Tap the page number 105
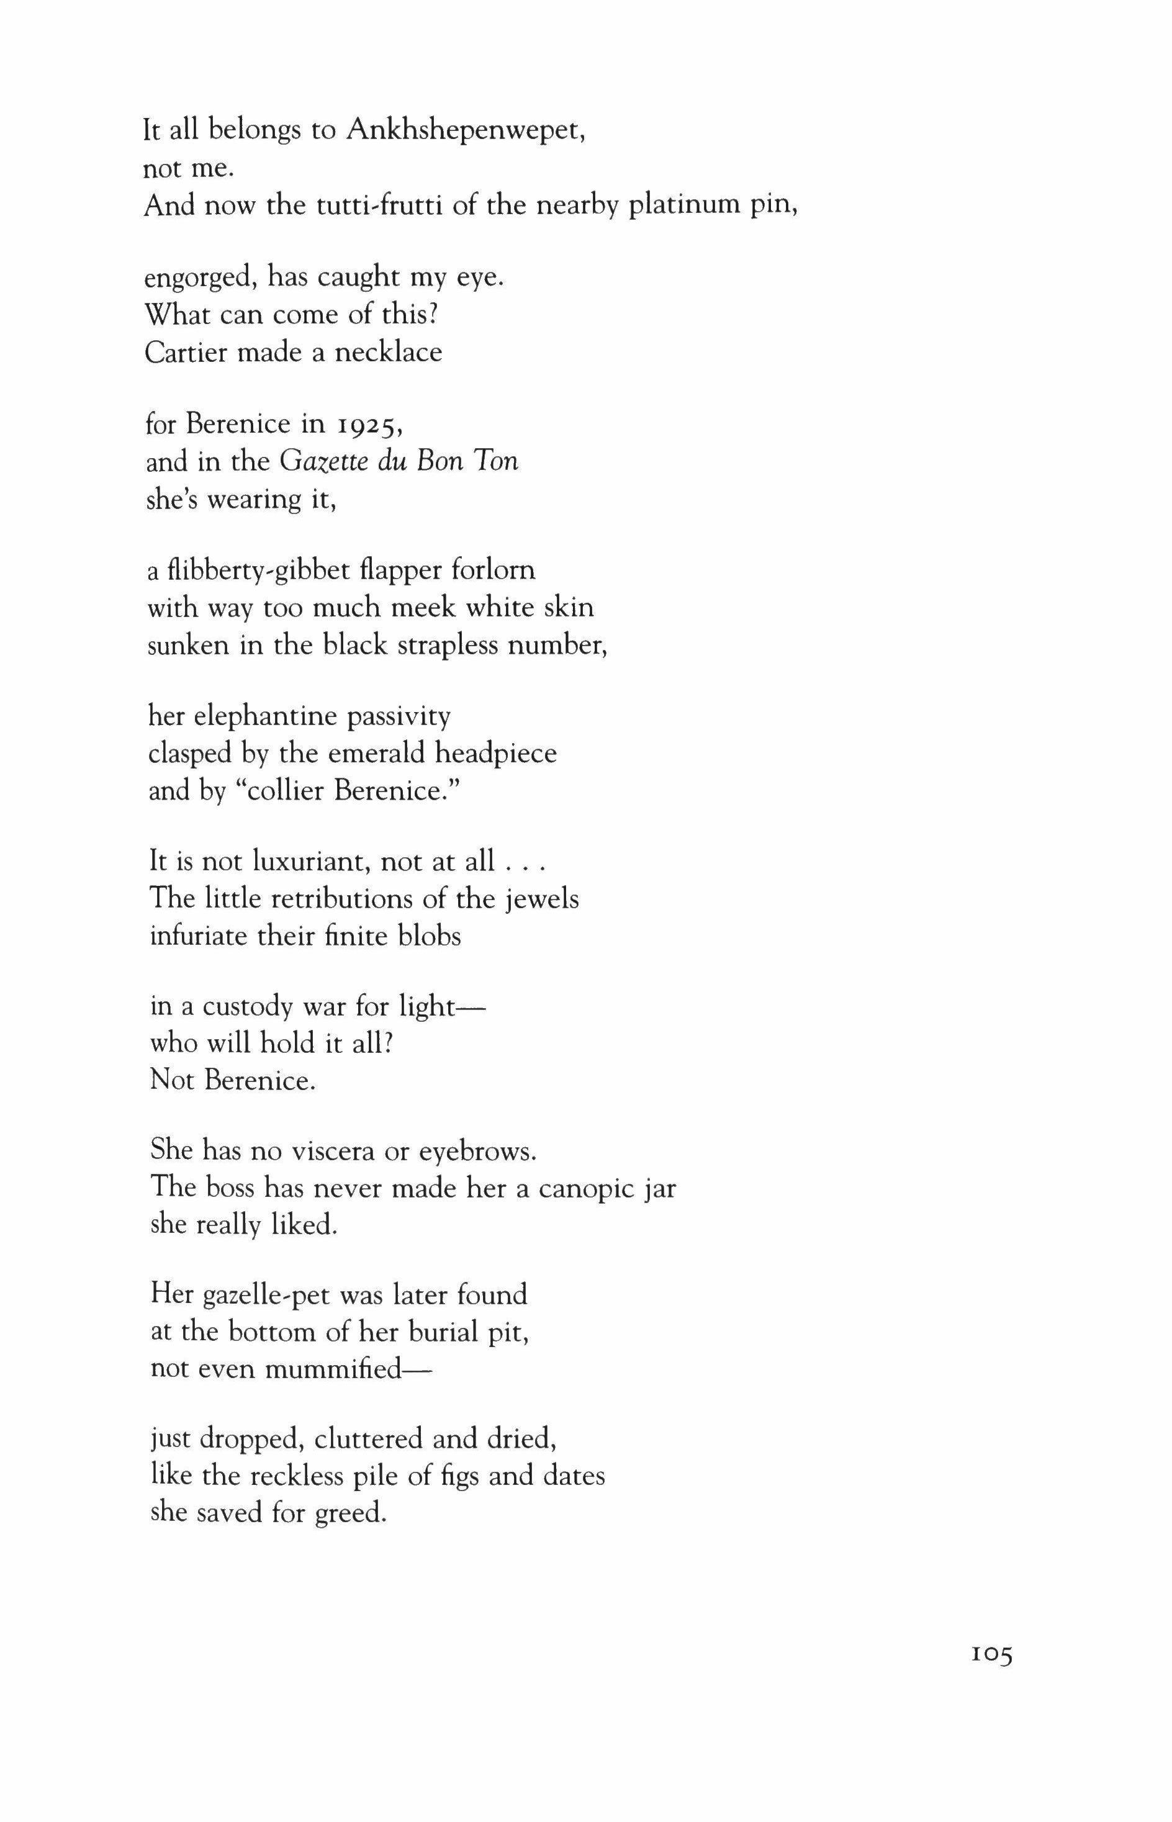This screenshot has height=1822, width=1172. point(991,1674)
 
